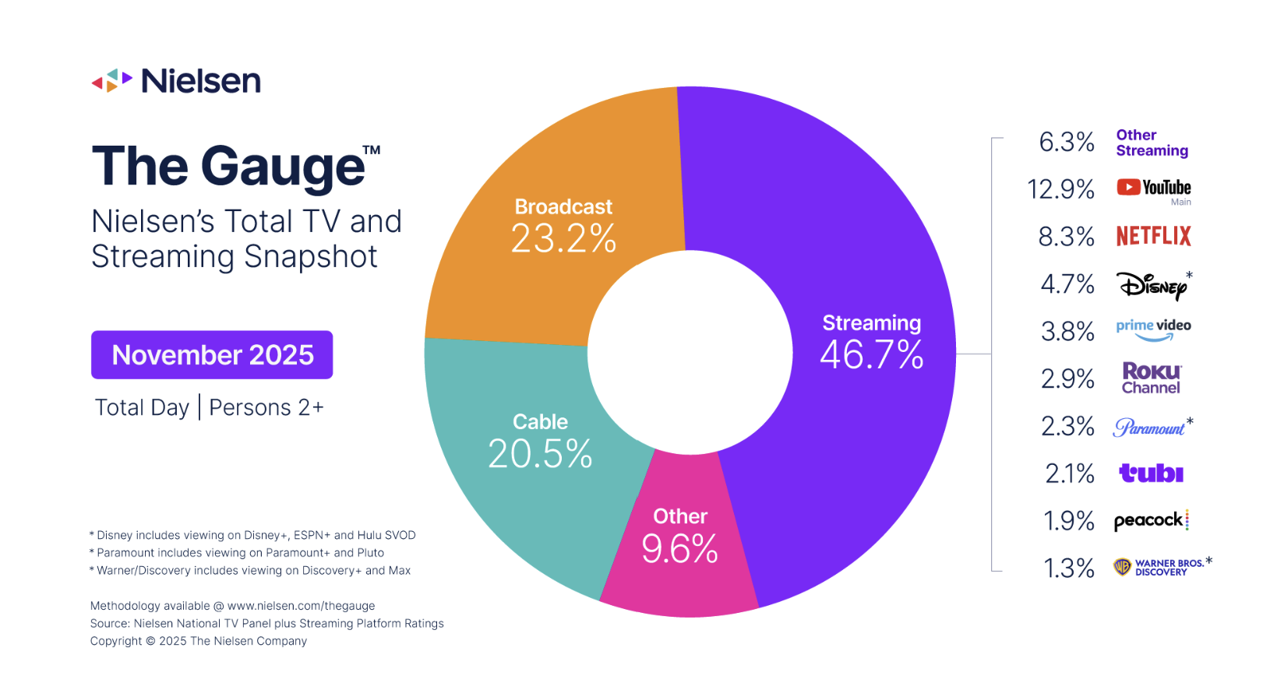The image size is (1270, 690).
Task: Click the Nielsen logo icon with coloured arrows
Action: click(111, 80)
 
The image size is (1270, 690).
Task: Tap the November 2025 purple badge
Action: click(212, 355)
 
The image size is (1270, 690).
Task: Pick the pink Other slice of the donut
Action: click(679, 545)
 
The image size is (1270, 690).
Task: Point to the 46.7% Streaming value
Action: click(871, 355)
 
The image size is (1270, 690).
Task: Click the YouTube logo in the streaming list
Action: click(1153, 188)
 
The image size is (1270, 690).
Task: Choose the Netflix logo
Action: click(1153, 236)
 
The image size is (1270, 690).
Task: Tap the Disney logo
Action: click(1153, 285)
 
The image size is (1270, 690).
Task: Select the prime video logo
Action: click(1153, 329)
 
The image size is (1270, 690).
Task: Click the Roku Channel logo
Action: click(1152, 378)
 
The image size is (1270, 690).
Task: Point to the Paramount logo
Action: click(1149, 427)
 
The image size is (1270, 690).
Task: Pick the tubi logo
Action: click(1151, 473)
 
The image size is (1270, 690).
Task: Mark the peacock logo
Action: click(1151, 520)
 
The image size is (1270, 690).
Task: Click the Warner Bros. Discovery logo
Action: click(1161, 567)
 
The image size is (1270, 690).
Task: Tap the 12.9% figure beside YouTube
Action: click(1060, 189)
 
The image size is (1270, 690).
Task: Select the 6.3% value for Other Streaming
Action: click(1066, 142)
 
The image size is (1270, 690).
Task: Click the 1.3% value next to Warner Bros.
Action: click(1068, 569)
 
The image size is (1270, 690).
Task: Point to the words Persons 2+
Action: click(266, 407)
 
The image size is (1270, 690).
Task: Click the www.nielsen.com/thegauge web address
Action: click(301, 606)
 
